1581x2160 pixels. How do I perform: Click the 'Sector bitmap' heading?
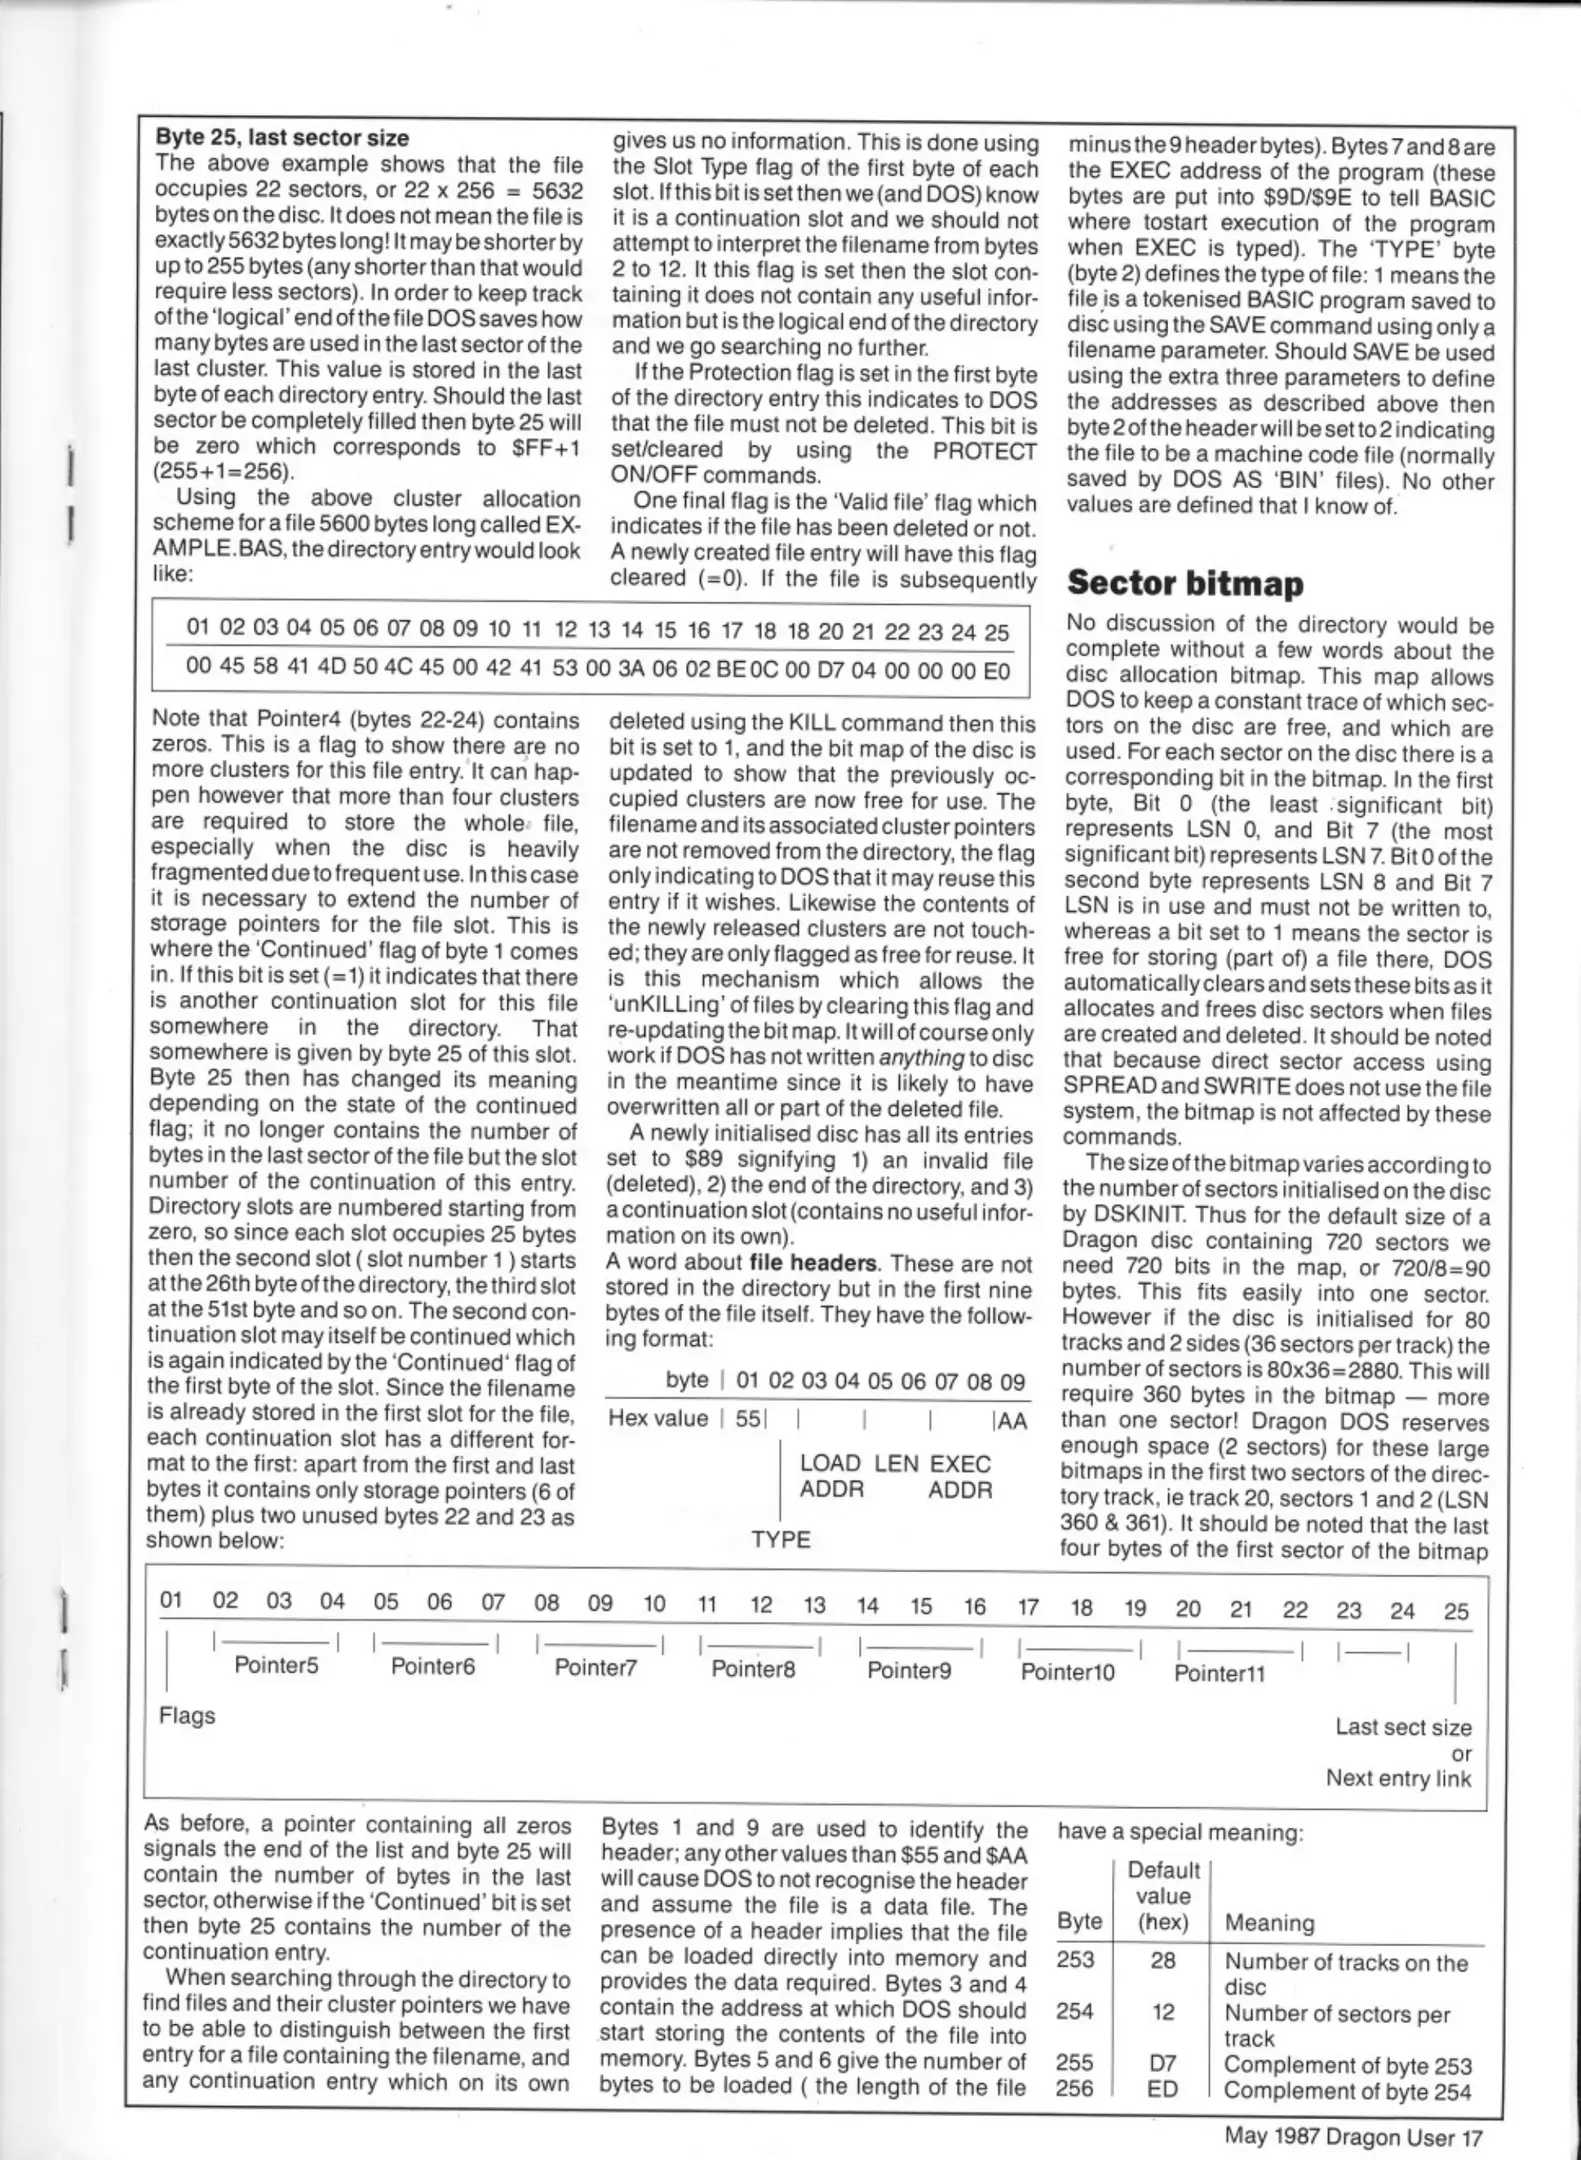click(x=1185, y=582)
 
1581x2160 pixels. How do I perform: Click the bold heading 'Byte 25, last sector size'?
click(x=283, y=137)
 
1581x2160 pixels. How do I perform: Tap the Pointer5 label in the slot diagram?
click(x=276, y=1665)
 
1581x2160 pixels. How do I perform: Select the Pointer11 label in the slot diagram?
click(x=1219, y=1673)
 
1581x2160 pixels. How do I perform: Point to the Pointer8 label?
click(x=753, y=1668)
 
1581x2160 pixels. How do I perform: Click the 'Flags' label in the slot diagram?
click(x=187, y=1715)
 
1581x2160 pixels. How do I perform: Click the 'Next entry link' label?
click(x=1398, y=1777)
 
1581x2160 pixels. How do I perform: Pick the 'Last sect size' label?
click(x=1403, y=1726)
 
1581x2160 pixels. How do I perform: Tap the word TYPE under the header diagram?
click(x=781, y=1539)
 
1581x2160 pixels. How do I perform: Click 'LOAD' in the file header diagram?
click(x=829, y=1463)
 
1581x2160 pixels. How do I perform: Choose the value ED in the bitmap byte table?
click(x=1163, y=2090)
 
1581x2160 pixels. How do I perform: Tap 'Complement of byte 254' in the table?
click(x=1347, y=2091)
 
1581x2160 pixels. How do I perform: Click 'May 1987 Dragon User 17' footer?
click(x=1353, y=2137)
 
